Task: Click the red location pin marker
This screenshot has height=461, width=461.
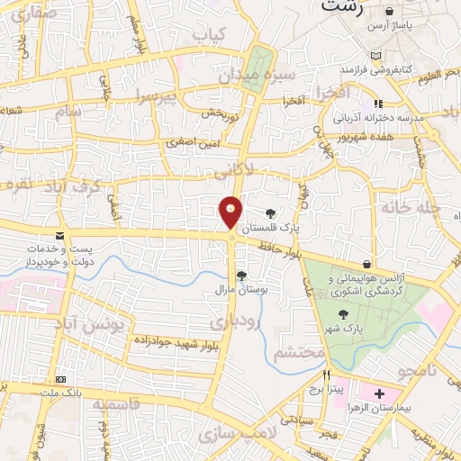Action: click(x=230, y=212)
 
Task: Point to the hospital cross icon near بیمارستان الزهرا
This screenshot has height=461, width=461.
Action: click(x=378, y=394)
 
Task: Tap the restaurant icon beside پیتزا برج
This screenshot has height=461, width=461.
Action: click(x=327, y=375)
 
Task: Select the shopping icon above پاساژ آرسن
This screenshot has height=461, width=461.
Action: click(x=388, y=12)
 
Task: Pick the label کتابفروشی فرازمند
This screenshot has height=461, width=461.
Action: click(x=375, y=69)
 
